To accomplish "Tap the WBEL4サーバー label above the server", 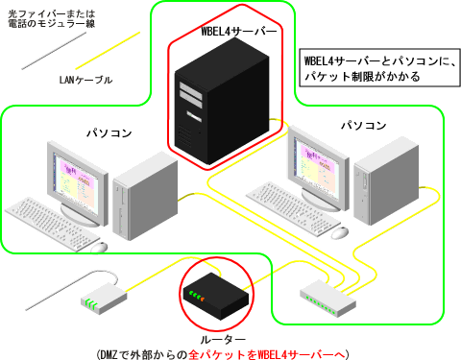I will pyautogui.click(x=239, y=32).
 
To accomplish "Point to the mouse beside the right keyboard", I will pyautogui.click(x=340, y=231).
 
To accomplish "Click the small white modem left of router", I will pyautogui.click(x=102, y=299).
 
